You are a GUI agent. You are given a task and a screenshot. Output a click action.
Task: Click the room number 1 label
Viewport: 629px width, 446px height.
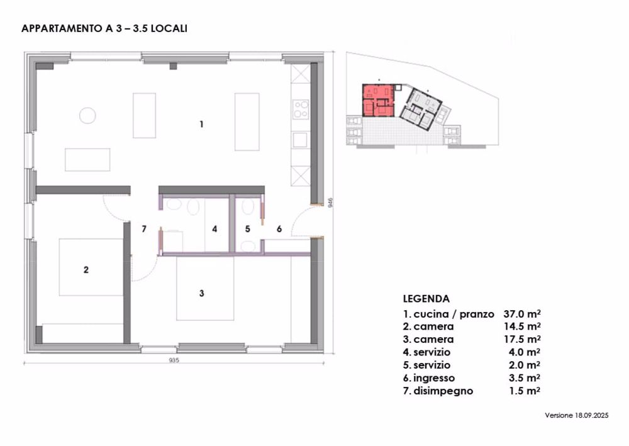point(201,125)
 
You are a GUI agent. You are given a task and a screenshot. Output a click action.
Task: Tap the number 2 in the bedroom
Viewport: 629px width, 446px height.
point(86,270)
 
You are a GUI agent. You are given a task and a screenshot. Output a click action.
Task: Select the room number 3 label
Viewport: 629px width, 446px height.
point(202,294)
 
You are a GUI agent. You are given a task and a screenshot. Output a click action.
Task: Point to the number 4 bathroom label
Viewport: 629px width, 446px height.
point(214,229)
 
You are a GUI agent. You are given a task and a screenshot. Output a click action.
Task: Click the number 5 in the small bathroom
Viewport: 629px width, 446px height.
point(247,229)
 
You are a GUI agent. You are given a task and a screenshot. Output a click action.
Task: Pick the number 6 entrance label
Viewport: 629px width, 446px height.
point(279,229)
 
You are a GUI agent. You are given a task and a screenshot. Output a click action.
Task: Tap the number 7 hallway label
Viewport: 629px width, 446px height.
point(144,229)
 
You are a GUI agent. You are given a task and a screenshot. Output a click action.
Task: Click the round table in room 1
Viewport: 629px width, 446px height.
point(87,116)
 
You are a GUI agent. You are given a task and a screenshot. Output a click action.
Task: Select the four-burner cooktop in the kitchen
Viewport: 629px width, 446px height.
point(301,109)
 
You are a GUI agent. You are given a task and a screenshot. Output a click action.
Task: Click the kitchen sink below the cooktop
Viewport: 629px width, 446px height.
point(300,140)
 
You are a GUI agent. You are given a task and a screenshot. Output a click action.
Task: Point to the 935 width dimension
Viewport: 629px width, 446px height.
point(174,360)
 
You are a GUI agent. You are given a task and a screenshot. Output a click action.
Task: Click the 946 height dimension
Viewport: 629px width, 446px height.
point(331,203)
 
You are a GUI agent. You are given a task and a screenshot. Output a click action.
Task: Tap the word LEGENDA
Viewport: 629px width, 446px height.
point(426,299)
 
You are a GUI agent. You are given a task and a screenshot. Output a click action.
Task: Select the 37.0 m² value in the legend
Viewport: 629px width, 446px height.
point(522,314)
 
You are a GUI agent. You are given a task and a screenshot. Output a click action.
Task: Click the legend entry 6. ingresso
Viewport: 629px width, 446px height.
point(429,378)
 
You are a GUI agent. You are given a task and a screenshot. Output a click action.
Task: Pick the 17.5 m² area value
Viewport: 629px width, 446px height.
point(522,339)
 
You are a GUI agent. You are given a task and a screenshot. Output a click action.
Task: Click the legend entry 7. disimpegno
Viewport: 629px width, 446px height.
point(438,391)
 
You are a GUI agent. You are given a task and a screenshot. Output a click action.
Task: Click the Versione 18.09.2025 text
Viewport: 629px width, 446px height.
point(576,416)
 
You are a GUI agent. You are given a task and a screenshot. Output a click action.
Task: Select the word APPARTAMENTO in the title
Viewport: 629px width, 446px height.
point(63,28)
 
